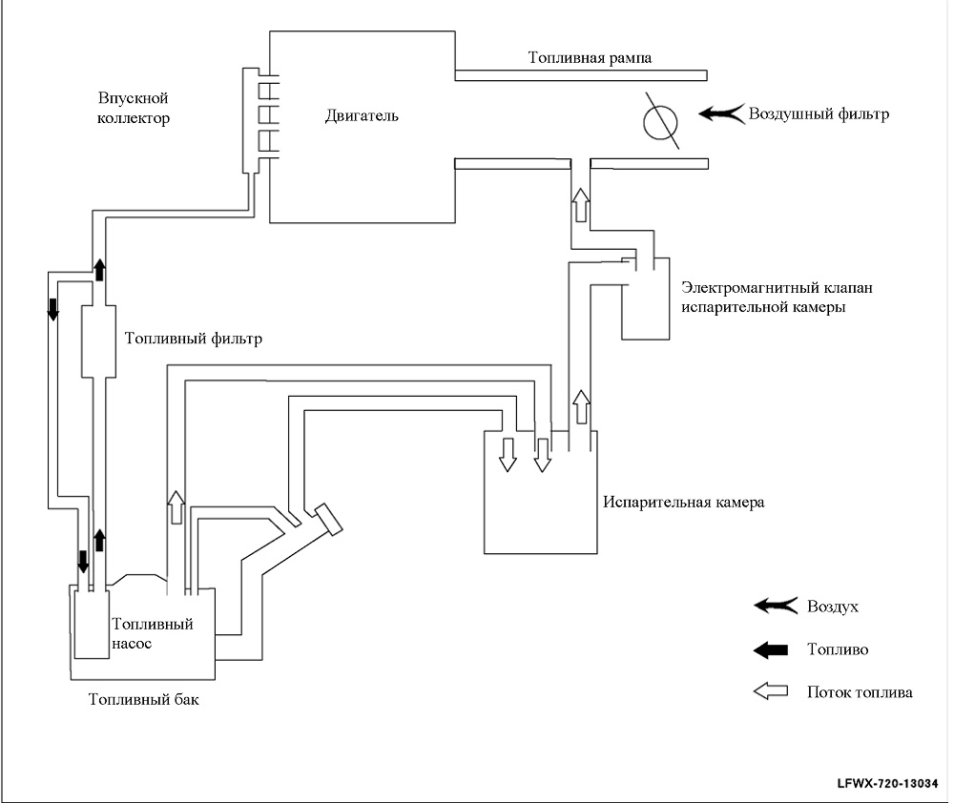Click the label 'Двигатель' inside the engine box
coord(362,115)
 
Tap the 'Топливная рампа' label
coord(590,58)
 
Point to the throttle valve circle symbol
coord(660,122)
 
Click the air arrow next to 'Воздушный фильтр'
coord(721,113)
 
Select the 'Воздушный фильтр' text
coord(819,114)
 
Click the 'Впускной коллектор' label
coord(134,108)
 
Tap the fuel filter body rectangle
coord(98,340)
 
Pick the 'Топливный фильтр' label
coord(194,339)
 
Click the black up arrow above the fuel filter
coord(99,270)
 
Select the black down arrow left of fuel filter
coord(52,309)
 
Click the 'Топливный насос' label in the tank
coord(152,633)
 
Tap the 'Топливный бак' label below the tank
coord(144,699)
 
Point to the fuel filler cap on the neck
coord(328,520)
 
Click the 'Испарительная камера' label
coord(684,502)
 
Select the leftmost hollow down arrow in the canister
coord(507,454)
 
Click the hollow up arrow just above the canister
coord(582,407)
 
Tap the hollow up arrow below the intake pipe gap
coord(581,205)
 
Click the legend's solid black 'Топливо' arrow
coord(771,650)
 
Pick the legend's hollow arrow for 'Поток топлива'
coord(771,691)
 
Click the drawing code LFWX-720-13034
coord(887,784)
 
